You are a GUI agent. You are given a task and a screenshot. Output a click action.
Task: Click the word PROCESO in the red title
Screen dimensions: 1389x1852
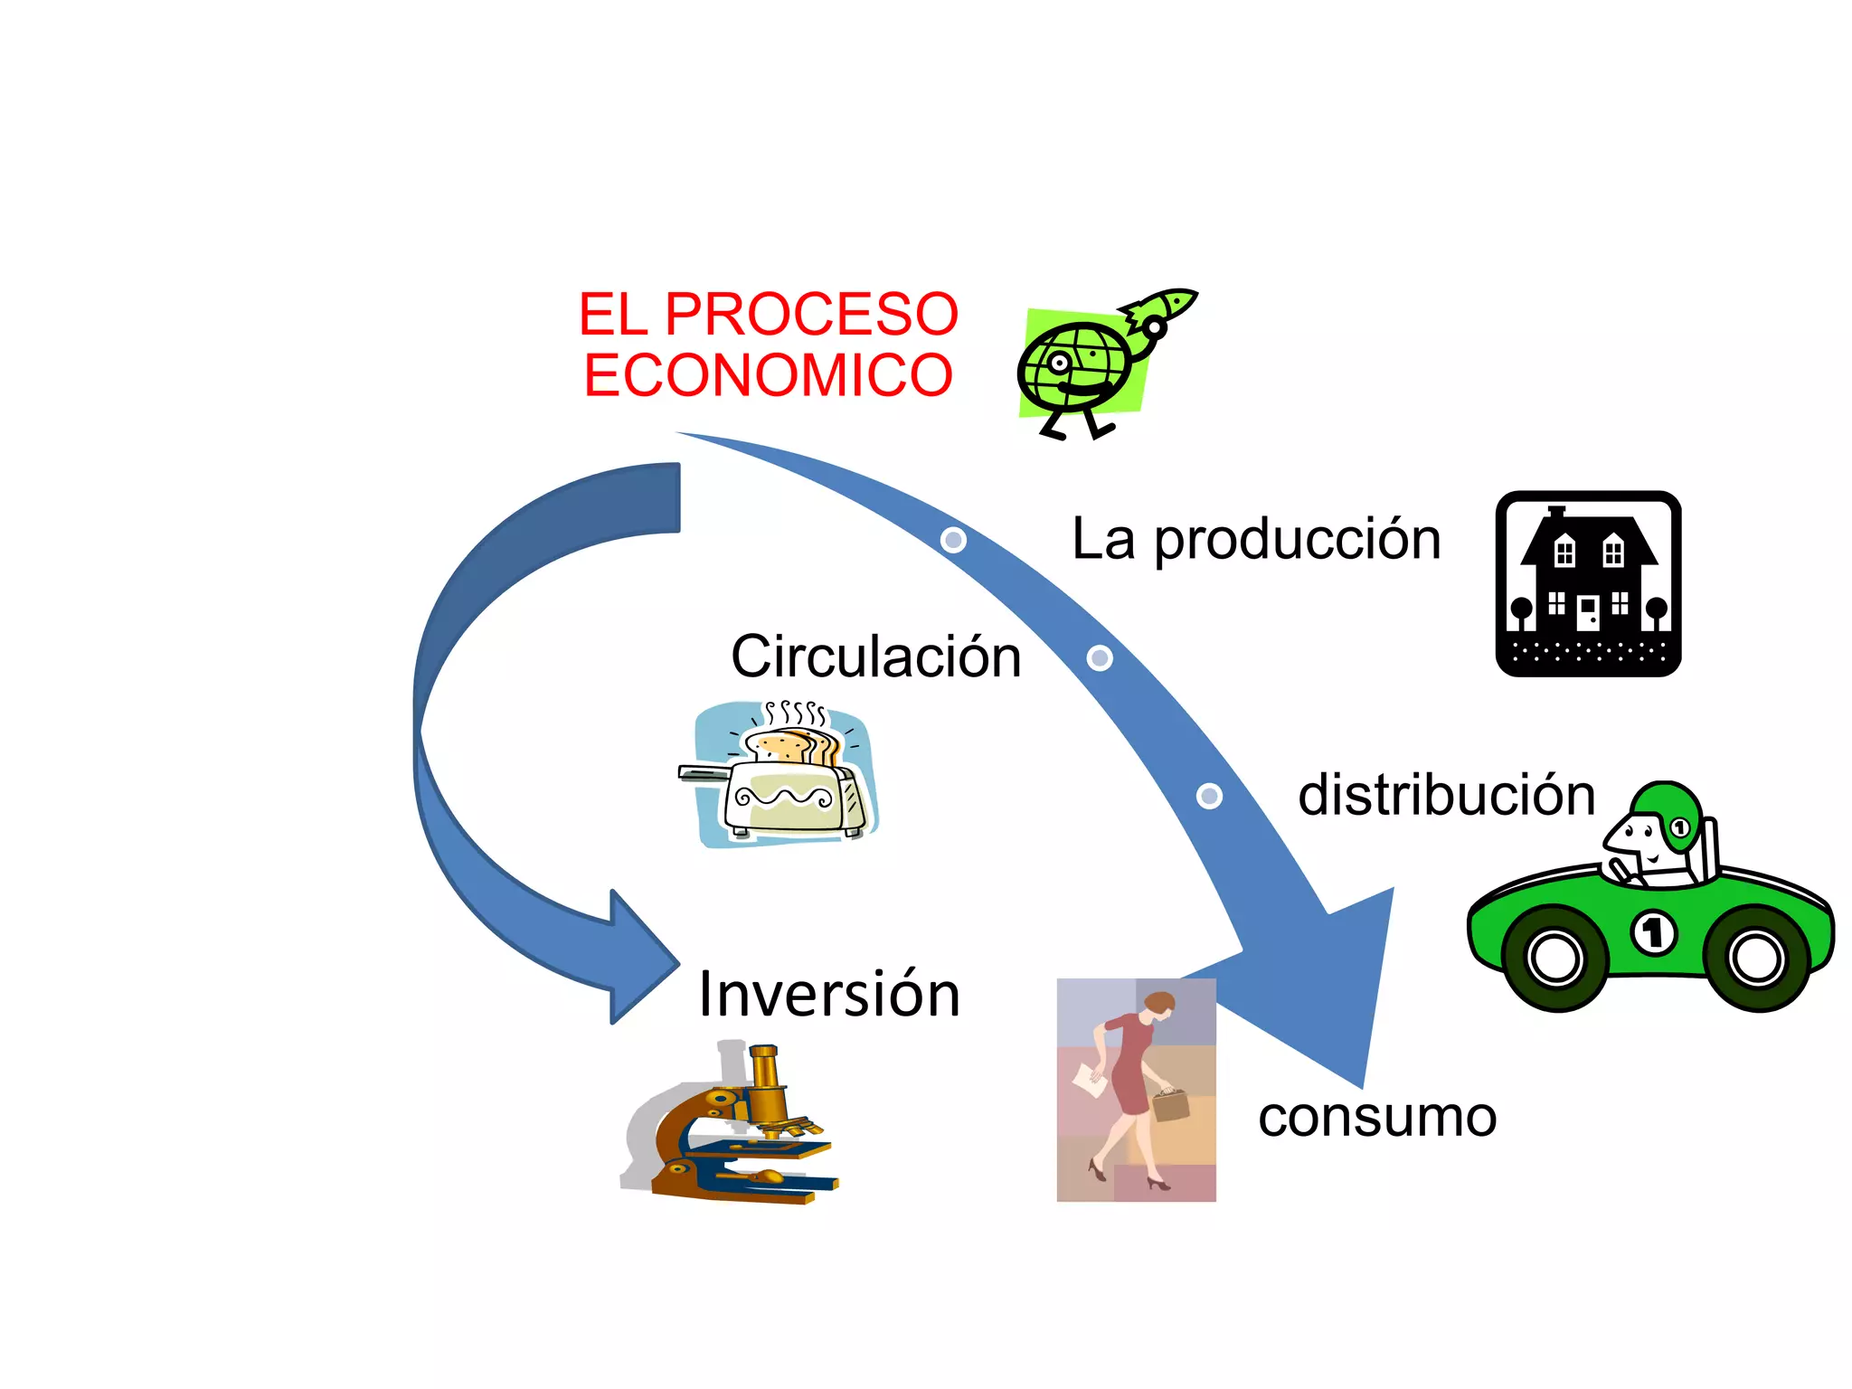[811, 314]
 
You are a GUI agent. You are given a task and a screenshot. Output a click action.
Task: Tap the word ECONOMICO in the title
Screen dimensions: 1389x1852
[768, 375]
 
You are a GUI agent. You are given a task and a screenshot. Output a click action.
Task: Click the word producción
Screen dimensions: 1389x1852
[1298, 540]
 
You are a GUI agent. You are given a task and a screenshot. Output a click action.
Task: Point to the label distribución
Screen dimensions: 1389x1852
[1446, 795]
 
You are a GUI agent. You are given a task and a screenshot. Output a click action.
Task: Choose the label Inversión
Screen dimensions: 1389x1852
[828, 994]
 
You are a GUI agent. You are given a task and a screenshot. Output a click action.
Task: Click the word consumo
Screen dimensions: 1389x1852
[1376, 1117]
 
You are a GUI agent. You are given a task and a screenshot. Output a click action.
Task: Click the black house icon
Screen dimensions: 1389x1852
[1588, 584]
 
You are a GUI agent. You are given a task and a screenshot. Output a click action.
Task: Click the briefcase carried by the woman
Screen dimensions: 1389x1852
[1170, 1104]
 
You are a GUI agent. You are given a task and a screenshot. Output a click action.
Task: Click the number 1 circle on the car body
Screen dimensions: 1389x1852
[1653, 932]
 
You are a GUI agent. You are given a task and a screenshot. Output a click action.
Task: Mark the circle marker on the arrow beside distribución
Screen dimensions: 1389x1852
[1209, 796]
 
